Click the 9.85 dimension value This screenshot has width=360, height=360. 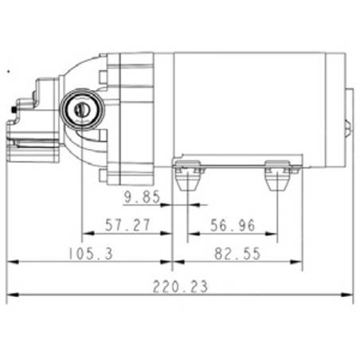142,197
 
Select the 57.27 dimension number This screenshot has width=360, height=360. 127,225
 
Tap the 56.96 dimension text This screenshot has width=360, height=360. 233,225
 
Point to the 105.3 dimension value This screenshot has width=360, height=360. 91,253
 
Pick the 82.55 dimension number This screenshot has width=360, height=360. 237,253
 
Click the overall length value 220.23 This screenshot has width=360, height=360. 180,287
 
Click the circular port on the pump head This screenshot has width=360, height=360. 83,109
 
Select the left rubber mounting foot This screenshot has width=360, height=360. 188,175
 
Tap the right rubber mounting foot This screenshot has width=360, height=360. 277,175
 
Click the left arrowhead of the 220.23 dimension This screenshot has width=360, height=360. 13,295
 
